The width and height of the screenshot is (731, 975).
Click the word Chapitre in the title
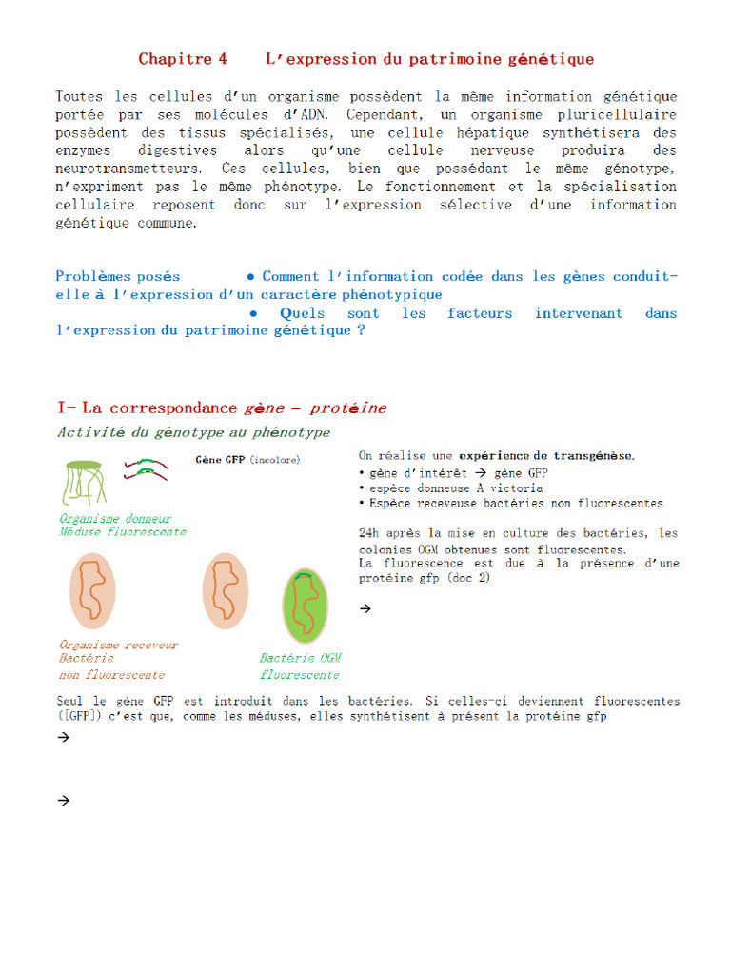tap(174, 59)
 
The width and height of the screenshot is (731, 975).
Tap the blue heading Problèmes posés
tap(117, 277)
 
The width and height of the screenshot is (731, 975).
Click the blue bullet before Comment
tap(250, 277)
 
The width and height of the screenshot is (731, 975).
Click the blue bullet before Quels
tap(253, 313)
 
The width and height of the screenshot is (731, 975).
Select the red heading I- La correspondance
tap(148, 408)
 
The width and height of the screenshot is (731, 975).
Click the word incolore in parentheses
tap(276, 460)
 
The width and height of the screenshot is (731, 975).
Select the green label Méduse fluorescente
tap(122, 532)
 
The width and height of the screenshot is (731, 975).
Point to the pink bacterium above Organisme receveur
tap(92, 590)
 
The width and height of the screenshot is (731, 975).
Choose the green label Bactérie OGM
tap(300, 659)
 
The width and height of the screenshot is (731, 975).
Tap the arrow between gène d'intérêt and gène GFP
tap(481, 473)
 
